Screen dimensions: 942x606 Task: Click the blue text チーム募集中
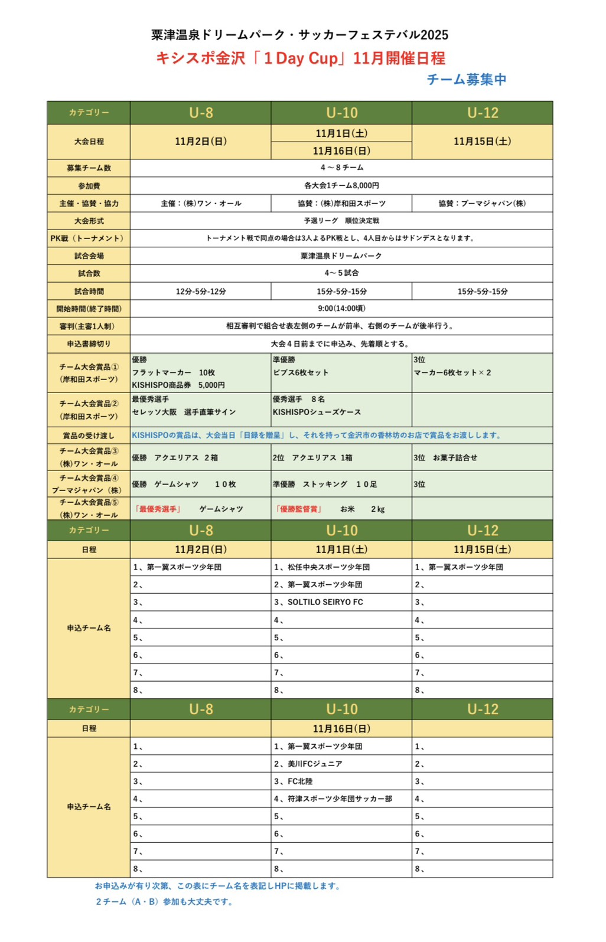coord(466,80)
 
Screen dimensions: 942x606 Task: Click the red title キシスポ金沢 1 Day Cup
coord(300,58)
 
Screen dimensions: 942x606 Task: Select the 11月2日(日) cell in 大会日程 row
coord(201,142)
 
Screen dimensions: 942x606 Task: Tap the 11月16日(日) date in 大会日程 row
coord(341,151)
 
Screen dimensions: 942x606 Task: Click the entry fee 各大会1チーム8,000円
coord(341,185)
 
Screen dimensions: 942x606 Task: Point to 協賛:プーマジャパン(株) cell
coord(482,203)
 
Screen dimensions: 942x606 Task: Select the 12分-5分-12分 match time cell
coord(201,291)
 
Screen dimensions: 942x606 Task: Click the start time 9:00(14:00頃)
coord(341,308)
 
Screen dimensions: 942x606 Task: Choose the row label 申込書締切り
coord(89,344)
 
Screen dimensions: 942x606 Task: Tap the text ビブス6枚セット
coord(301,372)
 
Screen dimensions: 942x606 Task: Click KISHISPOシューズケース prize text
coord(317,412)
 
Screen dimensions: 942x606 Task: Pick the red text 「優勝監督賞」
coord(299,509)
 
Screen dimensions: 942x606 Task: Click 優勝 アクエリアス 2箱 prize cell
coord(175,457)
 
